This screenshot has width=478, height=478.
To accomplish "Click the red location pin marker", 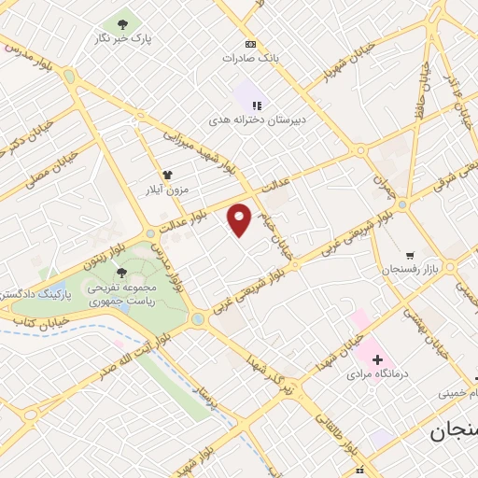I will (240, 219).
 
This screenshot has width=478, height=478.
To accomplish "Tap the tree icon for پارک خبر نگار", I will (122, 23).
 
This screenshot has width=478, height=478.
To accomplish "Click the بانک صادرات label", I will (249, 58).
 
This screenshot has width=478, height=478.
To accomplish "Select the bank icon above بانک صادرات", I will (249, 44).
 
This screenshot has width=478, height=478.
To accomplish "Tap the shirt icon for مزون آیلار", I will (167, 175).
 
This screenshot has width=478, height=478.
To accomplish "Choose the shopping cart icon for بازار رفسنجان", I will (409, 255).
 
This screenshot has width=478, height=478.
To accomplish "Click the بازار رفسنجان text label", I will (409, 270).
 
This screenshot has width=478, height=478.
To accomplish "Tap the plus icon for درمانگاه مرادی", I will (376, 358).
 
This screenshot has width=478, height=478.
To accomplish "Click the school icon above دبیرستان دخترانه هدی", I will (258, 105).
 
